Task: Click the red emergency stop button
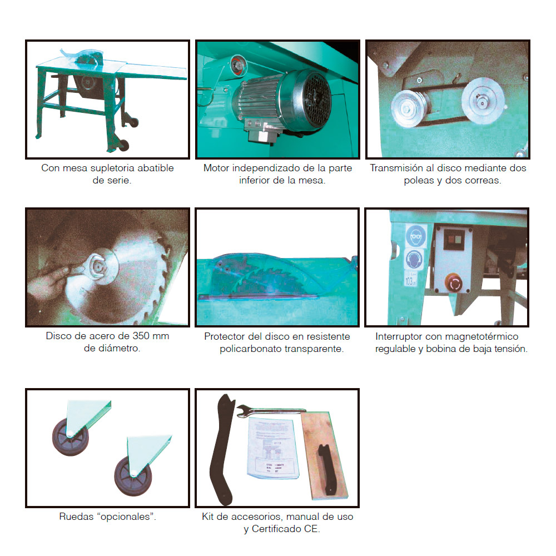[454, 283]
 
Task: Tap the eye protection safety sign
[415, 235]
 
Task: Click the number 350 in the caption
[141, 336]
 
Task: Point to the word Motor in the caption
[216, 168]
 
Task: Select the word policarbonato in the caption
[250, 349]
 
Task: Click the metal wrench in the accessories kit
[271, 411]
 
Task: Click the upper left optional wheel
[70, 437]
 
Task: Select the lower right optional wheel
[133, 476]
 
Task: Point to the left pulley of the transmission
[408, 108]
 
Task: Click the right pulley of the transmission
[483, 101]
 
